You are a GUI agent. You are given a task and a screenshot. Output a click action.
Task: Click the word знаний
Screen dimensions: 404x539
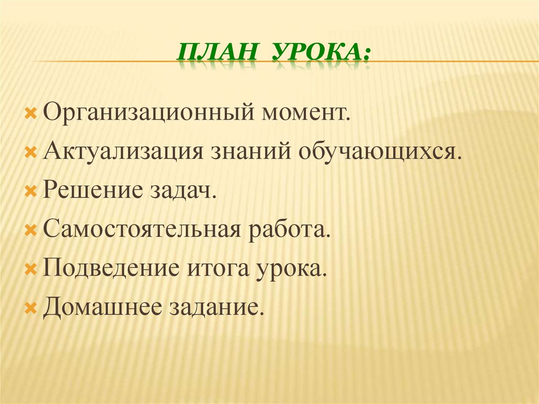tap(252, 152)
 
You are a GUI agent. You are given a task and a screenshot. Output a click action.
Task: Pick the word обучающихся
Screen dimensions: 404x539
tap(382, 152)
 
